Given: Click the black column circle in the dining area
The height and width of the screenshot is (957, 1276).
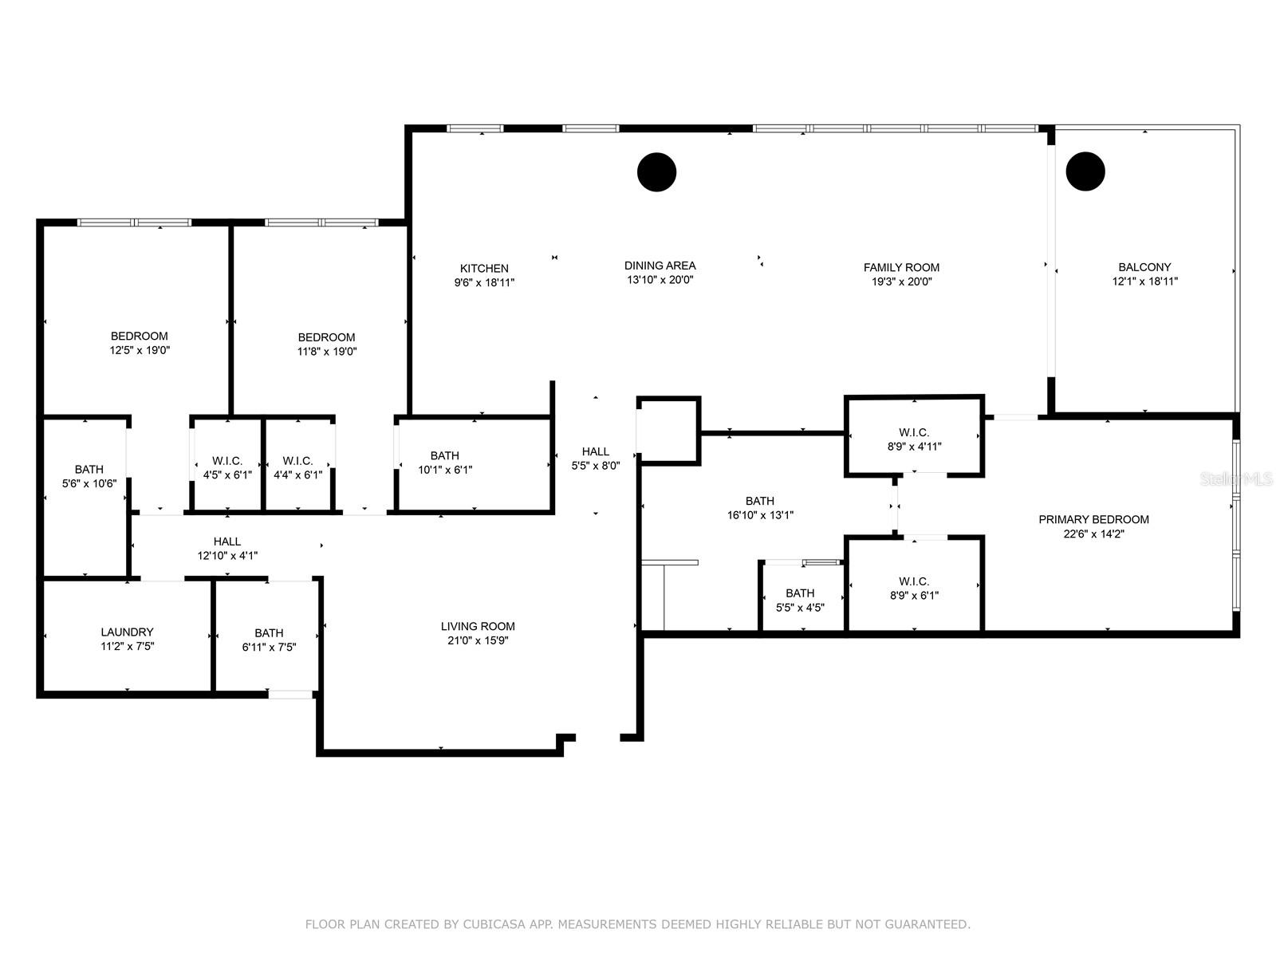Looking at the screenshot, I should (x=657, y=171).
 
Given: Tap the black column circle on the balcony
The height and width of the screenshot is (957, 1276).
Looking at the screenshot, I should (x=1085, y=171).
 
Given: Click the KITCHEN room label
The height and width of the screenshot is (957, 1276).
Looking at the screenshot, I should (x=484, y=268).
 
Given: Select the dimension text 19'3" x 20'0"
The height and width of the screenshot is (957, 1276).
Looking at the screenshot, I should (x=901, y=282).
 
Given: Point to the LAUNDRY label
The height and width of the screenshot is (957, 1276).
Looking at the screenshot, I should (x=127, y=632).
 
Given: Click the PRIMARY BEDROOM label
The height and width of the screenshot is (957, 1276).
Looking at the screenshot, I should (x=1093, y=519).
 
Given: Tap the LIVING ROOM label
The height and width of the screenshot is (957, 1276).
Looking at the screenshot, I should (x=478, y=626).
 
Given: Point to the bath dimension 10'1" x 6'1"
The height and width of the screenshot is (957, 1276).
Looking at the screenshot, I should (x=445, y=470).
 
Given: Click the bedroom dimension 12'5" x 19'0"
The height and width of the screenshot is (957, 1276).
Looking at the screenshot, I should (x=140, y=350).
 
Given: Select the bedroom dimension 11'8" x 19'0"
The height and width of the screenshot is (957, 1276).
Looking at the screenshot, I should (x=326, y=351).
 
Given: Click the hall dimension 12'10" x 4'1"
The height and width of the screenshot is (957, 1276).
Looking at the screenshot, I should (x=227, y=556).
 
